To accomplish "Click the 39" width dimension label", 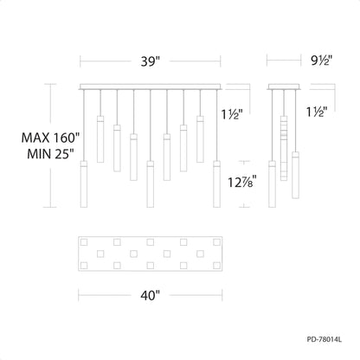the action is point(151,61).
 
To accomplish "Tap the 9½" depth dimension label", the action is point(322,61).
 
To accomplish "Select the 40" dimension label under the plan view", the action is point(151,295).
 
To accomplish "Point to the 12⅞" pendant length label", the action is point(242,182).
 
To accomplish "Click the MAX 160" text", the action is point(50,138).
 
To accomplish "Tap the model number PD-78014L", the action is point(325,339).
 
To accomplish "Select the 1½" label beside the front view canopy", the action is point(232,114).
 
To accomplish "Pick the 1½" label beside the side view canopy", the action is point(317,112).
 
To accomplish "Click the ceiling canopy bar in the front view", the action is point(151,87).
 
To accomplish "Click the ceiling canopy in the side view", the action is point(285,87).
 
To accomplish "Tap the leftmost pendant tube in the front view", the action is point(84,184).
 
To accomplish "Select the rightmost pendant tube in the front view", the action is point(216,184).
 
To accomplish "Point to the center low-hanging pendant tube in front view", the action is point(150,184).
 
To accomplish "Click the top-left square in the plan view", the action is point(84,242).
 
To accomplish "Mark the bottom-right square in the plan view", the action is point(216,266).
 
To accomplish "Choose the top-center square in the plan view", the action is point(150,242).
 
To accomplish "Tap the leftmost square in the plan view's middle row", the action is point(100,254).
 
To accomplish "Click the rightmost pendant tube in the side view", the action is point(295,175).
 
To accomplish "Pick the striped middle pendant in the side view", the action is point(284,148).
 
